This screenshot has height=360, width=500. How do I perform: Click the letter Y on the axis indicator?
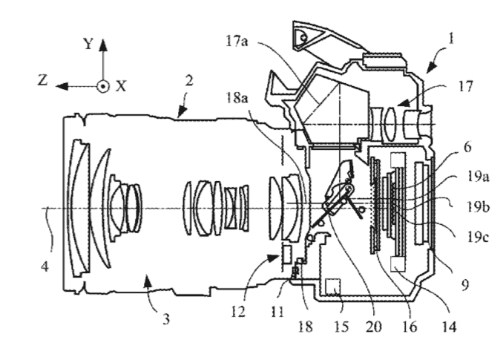click(x=88, y=44)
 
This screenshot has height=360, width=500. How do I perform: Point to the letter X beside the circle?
click(x=121, y=86)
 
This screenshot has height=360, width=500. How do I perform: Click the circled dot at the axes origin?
click(x=103, y=86)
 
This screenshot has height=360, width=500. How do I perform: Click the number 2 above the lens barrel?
click(x=190, y=83)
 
